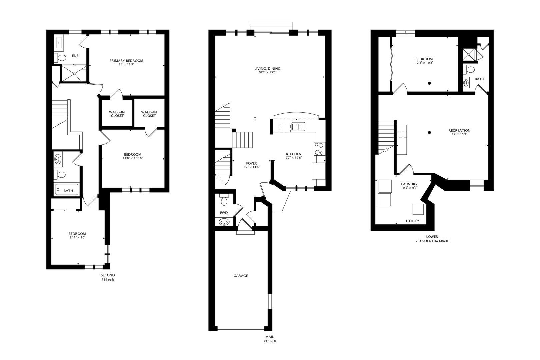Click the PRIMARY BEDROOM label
pyautogui.click(x=126, y=61)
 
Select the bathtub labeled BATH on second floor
pyautogui.click(x=66, y=189)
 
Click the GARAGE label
pyautogui.click(x=240, y=276)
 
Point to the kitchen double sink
pyautogui.click(x=298, y=127)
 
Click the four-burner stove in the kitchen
pyautogui.click(x=319, y=148)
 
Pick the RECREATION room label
pyautogui.click(x=459, y=130)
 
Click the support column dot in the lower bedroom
pyautogui.click(x=430, y=83)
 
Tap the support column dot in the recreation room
pyautogui.click(x=430, y=133)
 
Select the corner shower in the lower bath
pyautogui.click(x=470, y=54)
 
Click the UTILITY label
pyautogui.click(x=412, y=221)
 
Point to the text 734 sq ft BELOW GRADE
pyautogui.click(x=432, y=241)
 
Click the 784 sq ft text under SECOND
pyautogui.click(x=108, y=280)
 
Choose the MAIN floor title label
pyautogui.click(x=270, y=337)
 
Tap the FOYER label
pyautogui.click(x=251, y=163)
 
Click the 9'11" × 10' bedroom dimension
pyautogui.click(x=77, y=238)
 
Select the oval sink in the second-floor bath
pyautogui.click(x=58, y=159)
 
